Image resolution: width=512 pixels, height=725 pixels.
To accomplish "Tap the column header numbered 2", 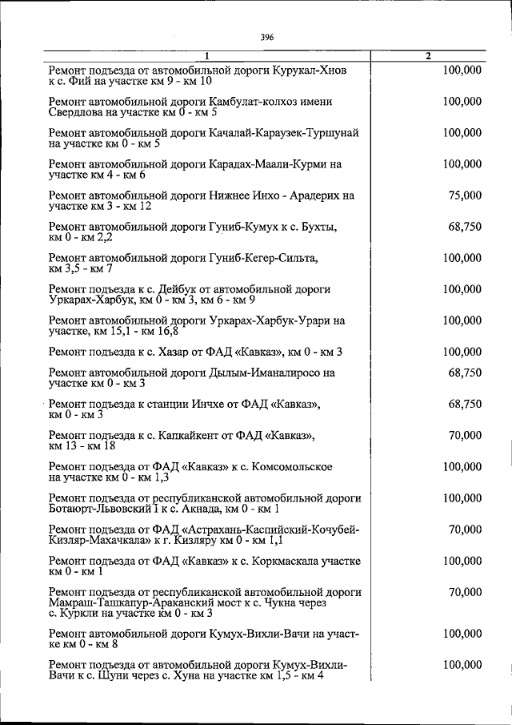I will pyautogui.click(x=429, y=56).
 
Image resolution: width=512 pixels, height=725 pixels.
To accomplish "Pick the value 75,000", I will pyautogui.click(x=465, y=195).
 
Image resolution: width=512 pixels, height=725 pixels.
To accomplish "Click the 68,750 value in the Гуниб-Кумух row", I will pyautogui.click(x=465, y=227).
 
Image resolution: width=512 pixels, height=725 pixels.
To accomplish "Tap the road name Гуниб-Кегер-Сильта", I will pyautogui.click(x=263, y=258).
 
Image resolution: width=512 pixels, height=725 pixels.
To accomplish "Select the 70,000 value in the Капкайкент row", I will pyautogui.click(x=465, y=436).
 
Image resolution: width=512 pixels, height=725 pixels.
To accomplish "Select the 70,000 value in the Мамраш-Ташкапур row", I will pyautogui.click(x=465, y=592).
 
